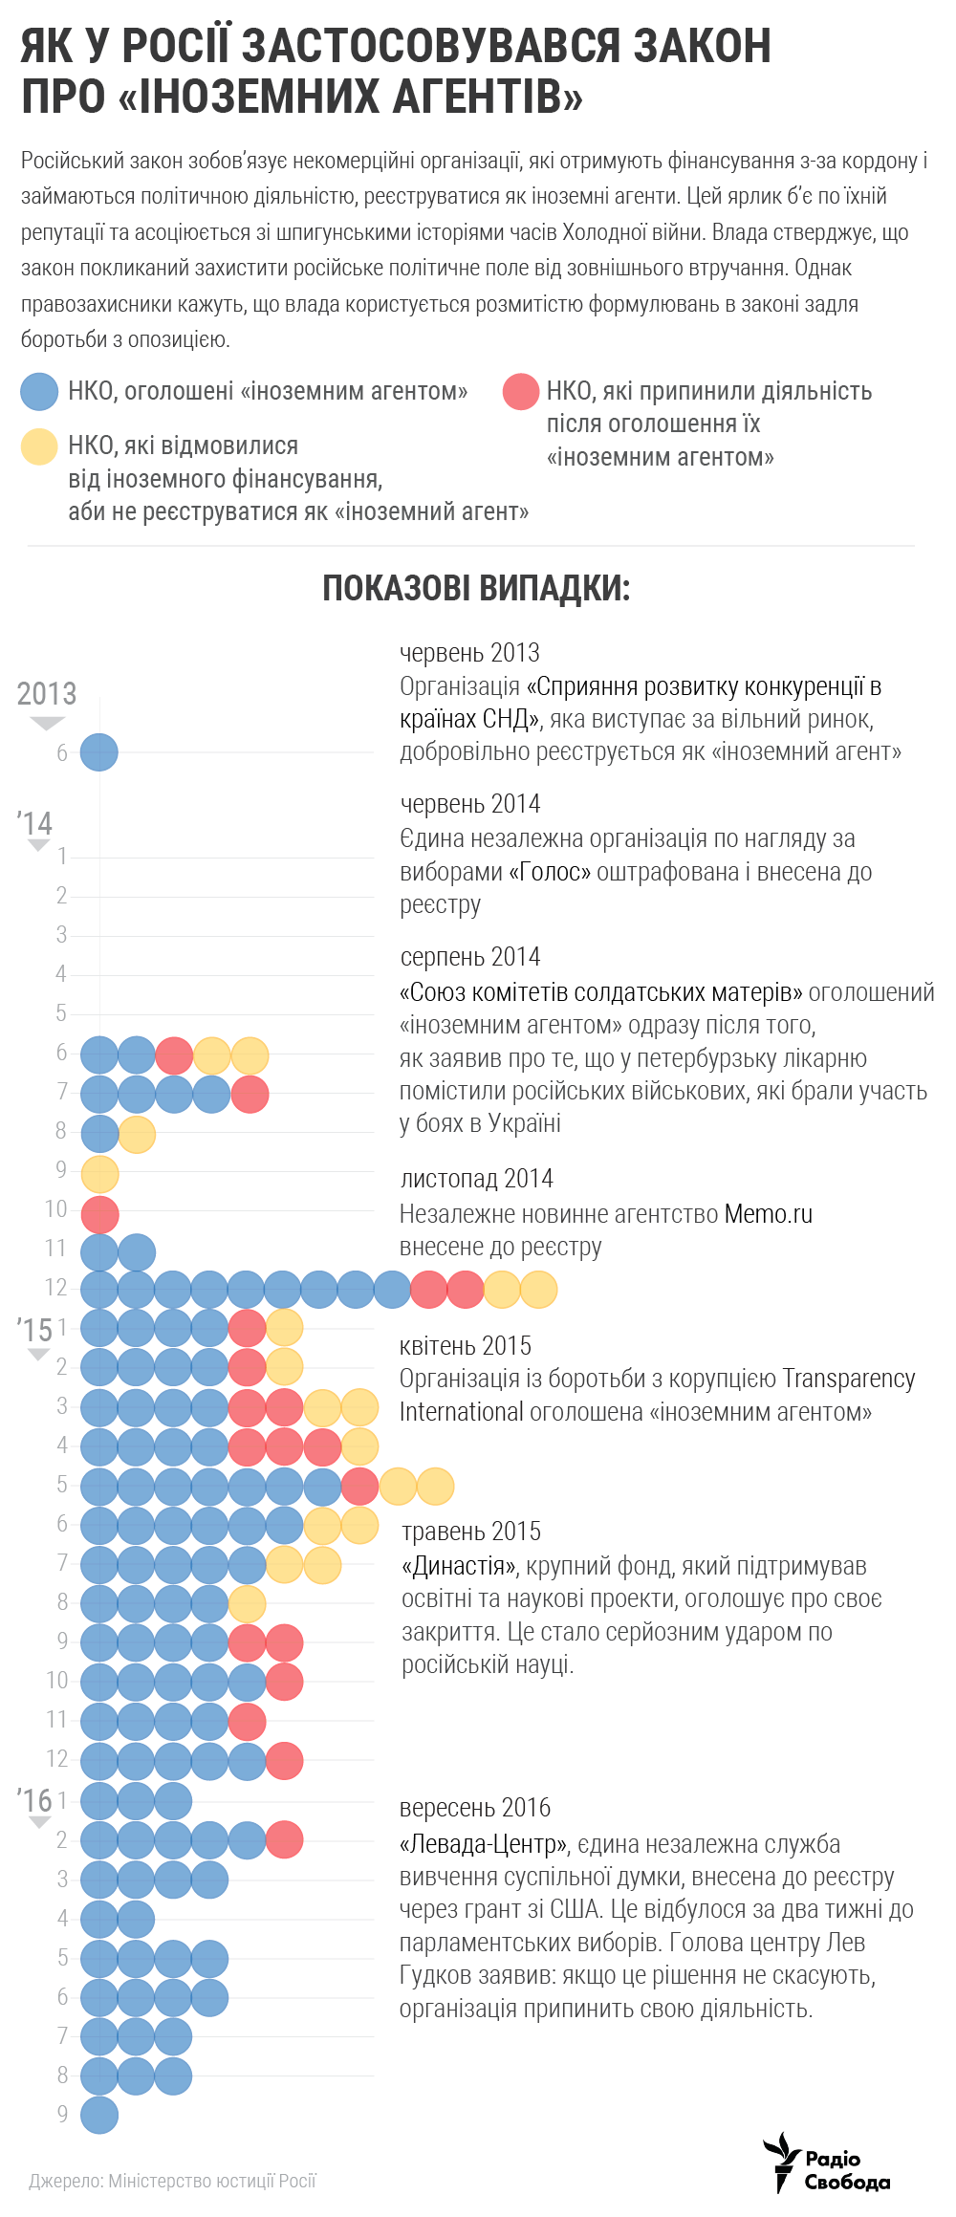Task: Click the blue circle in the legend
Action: coord(40,392)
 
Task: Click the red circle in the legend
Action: coord(521,392)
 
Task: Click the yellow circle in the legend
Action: coord(40,446)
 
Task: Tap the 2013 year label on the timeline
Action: coord(47,694)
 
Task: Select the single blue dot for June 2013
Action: coord(98,752)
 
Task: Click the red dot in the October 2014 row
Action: coord(99,1214)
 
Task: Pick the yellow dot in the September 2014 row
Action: coord(99,1174)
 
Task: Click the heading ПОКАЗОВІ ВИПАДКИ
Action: coord(476,589)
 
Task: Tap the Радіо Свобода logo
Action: coord(827,2163)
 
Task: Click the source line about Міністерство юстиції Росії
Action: coord(172,2181)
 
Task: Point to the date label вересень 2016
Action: coord(475,1808)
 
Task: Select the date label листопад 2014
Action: coord(476,1179)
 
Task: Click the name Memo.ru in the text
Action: coord(769,1214)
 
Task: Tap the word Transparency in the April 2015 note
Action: coord(849,1379)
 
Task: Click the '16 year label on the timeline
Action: coord(34,1800)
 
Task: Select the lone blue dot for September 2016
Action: coord(99,2115)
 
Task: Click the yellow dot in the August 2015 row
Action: coord(247,1603)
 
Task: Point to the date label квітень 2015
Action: coord(466,1346)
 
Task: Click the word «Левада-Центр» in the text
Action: coord(484,1844)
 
